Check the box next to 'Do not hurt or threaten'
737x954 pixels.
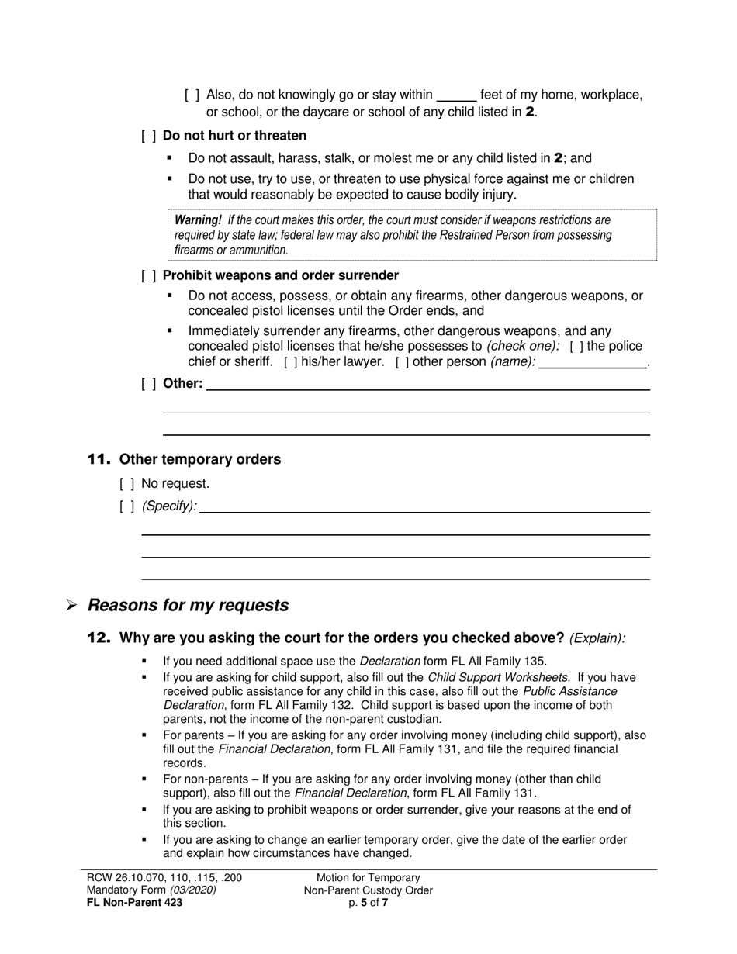[x=149, y=136]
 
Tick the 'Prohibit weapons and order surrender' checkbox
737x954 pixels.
[x=149, y=275]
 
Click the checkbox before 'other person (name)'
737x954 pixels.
[x=403, y=361]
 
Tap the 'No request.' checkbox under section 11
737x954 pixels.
[x=127, y=484]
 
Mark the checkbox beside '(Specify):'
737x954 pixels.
[x=127, y=506]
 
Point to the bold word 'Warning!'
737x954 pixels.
[x=198, y=220]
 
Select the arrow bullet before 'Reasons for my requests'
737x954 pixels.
[x=71, y=606]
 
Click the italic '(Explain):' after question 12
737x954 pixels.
[x=597, y=638]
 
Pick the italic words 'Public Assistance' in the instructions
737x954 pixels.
[x=570, y=691]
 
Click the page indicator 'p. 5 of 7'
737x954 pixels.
[x=368, y=903]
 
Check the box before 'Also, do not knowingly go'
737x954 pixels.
[x=192, y=95]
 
